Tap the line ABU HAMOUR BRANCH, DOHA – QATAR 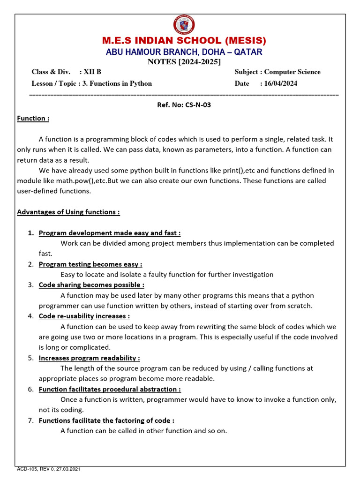[184, 52]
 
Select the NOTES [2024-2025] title [184, 62]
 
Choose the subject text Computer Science [292, 72]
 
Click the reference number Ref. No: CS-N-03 [184, 105]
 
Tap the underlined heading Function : [33, 119]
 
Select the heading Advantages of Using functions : [68, 212]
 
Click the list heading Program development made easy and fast [109, 233]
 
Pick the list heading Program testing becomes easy [90, 264]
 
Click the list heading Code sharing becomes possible [91, 285]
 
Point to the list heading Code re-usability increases [84, 316]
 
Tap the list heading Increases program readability [89, 358]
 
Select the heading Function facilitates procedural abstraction [110, 389]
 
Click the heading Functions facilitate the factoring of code [106, 420]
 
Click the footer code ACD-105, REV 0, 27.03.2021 [51, 469]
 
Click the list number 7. [30, 420]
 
